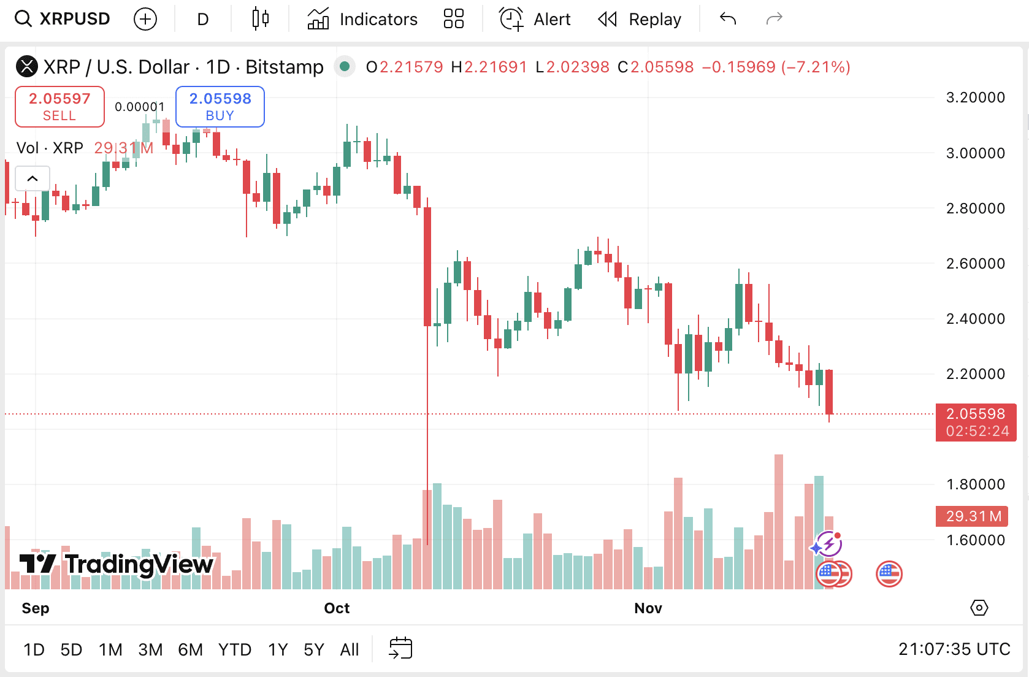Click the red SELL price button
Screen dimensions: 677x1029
click(x=59, y=107)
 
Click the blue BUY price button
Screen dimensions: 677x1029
click(x=220, y=107)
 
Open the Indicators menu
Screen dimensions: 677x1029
click(x=362, y=20)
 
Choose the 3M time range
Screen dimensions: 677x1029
click(x=150, y=649)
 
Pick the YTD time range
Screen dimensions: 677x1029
click(x=235, y=649)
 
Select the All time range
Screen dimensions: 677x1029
click(x=350, y=649)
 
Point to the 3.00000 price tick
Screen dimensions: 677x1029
click(x=975, y=153)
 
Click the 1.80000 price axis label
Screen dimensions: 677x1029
click(x=975, y=484)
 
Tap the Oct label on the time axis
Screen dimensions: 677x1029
click(x=337, y=608)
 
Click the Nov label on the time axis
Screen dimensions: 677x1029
click(x=648, y=608)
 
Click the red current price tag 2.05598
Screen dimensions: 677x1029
click(x=976, y=422)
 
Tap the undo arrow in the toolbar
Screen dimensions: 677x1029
click(x=728, y=20)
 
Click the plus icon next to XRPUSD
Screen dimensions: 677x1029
click(x=145, y=20)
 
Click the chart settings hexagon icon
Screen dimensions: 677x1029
click(x=979, y=608)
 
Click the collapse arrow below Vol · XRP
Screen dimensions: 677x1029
click(x=33, y=178)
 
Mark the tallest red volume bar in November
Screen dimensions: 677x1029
click(x=779, y=521)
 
